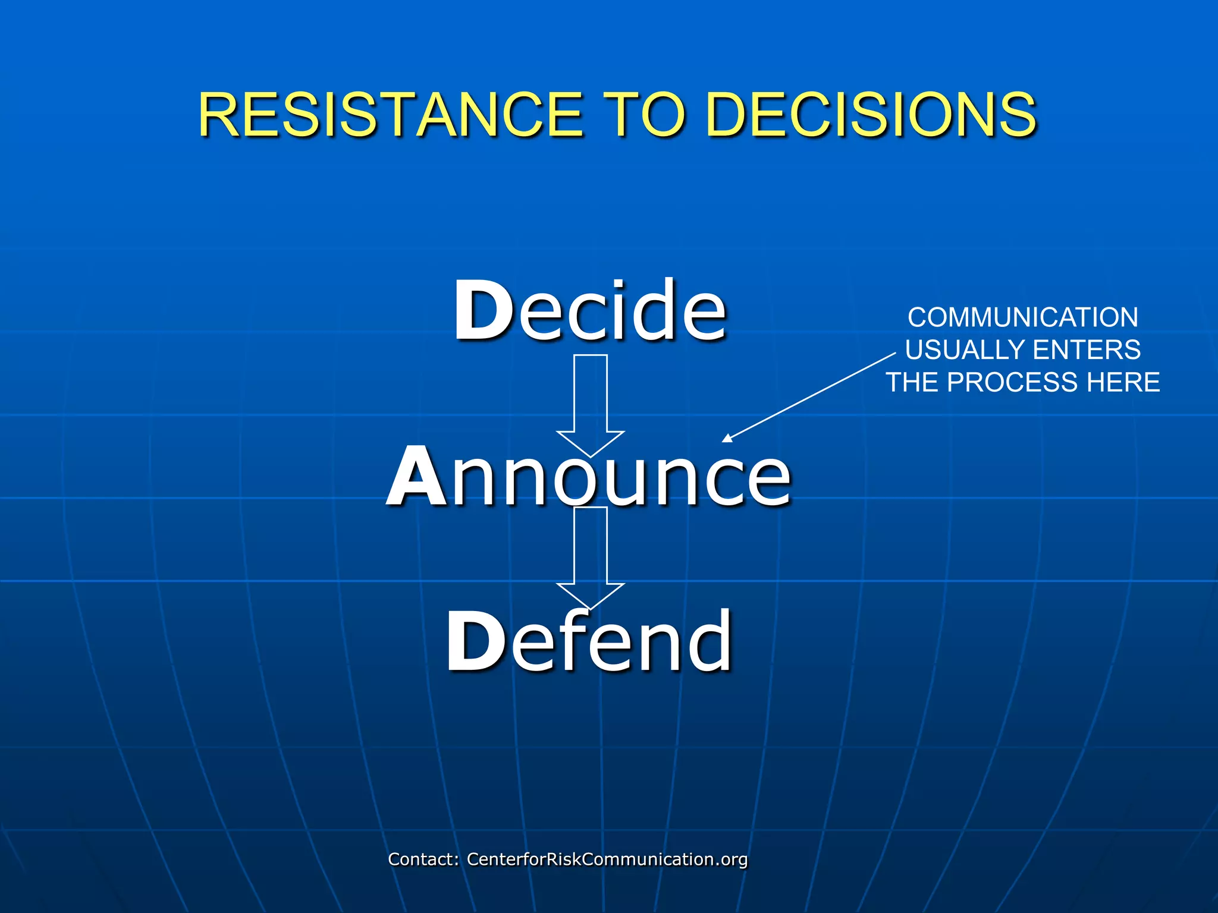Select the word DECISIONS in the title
[871, 114]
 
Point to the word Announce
[589, 477]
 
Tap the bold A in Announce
[416, 477]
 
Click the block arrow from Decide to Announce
[591, 398]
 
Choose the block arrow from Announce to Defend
[591, 553]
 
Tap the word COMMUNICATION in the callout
[1023, 317]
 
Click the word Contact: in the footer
[423, 860]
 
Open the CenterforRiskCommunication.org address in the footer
[607, 860]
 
